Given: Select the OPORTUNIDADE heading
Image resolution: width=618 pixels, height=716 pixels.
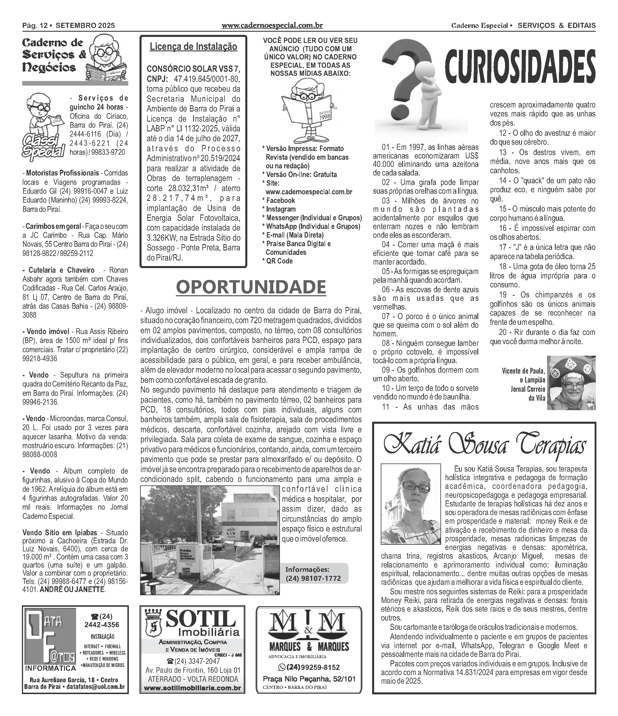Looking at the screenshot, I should (x=251, y=287).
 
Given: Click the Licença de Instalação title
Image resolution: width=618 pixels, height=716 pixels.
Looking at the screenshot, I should (x=193, y=47).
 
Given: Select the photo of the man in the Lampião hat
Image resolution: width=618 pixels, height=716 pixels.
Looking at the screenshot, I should (x=572, y=383).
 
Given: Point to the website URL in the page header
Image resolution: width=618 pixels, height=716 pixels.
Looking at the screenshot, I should (x=272, y=26).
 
